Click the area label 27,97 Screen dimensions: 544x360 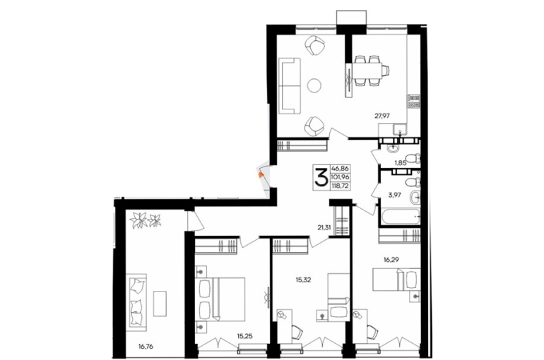[382, 116]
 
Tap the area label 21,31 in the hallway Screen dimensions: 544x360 [324, 227]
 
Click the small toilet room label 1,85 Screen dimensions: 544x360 [401, 162]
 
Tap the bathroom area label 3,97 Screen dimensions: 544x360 [394, 195]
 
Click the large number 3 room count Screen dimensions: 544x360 [321, 176]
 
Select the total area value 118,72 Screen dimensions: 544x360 [341, 186]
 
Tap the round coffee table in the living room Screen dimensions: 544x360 [314, 85]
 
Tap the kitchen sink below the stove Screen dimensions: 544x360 [400, 129]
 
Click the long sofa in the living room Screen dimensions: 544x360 [290, 86]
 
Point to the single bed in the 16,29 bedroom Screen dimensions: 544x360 [396, 280]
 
